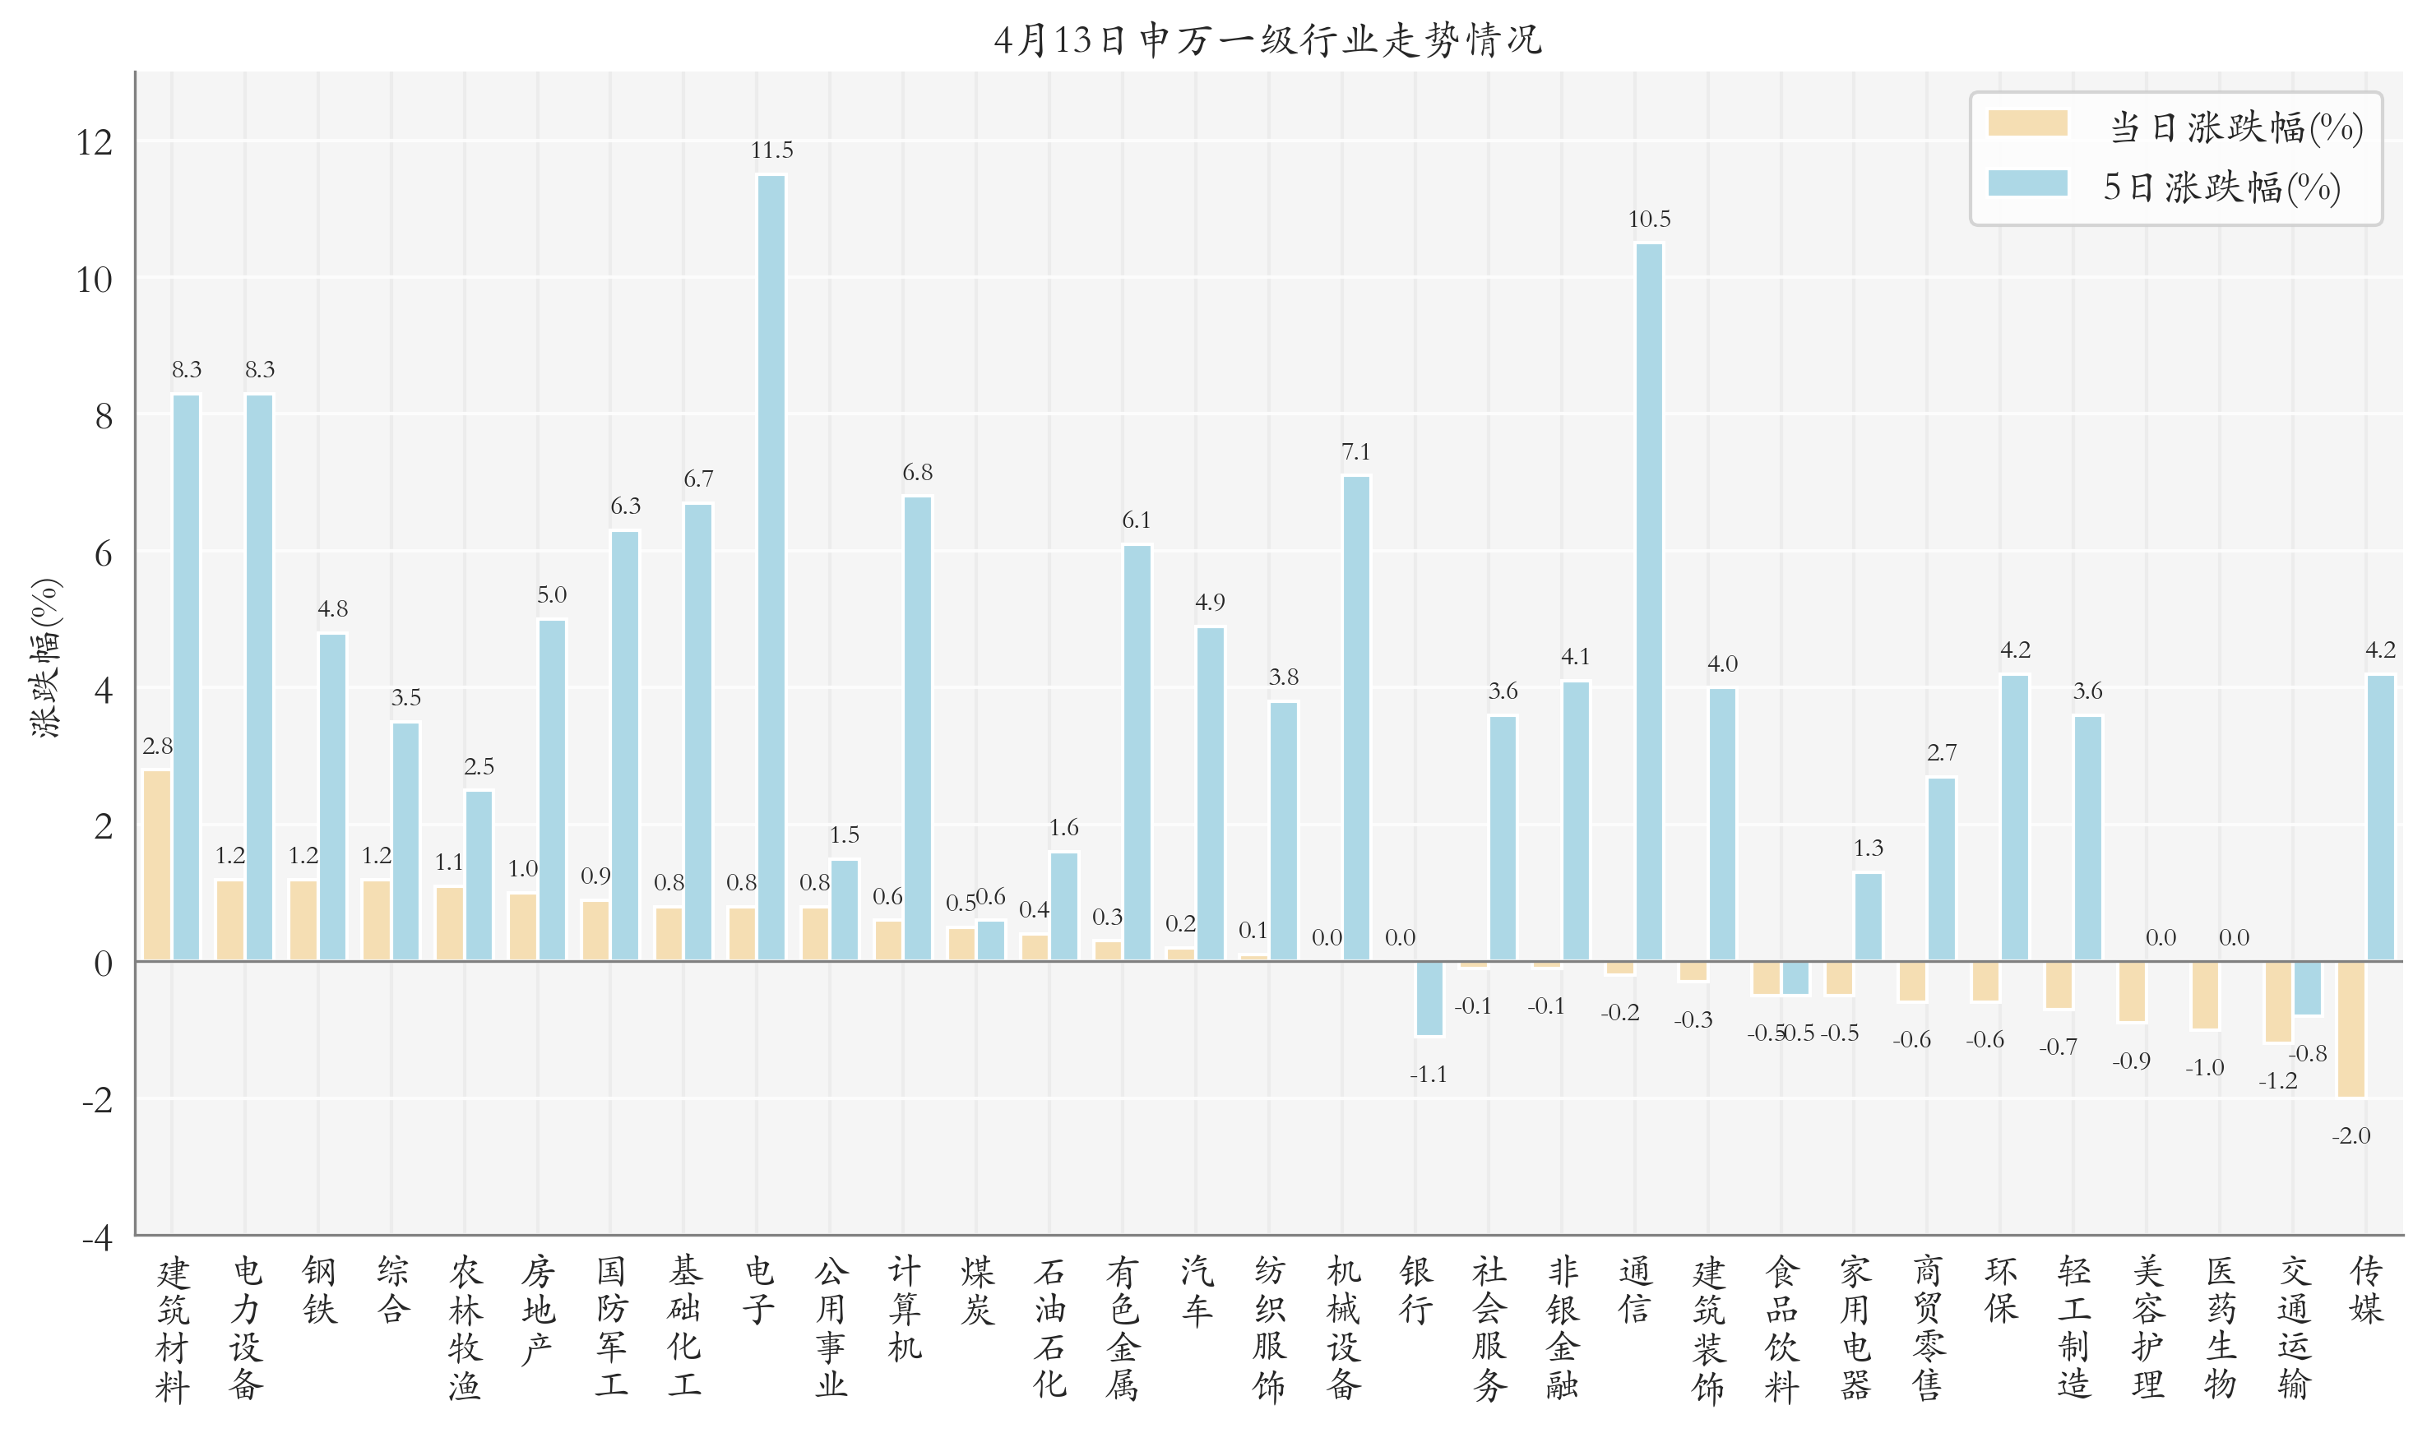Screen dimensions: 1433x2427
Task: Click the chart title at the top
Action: [x=1267, y=39]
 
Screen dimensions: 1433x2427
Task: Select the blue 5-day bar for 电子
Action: [x=771, y=568]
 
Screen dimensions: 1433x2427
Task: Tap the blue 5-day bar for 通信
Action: [x=1649, y=602]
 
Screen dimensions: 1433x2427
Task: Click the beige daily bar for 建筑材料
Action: [x=157, y=864]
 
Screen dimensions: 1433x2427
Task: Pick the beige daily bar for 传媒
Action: [x=2351, y=1029]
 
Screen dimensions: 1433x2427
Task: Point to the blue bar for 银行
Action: [x=1429, y=998]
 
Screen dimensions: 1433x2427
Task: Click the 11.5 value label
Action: [x=771, y=150]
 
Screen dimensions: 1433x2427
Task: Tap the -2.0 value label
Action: [x=2351, y=1136]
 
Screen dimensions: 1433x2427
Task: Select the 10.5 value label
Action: [x=1649, y=220]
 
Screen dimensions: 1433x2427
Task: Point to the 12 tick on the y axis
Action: [x=95, y=143]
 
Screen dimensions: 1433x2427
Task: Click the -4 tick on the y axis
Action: [x=96, y=1238]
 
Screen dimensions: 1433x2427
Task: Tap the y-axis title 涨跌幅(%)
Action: [x=45, y=658]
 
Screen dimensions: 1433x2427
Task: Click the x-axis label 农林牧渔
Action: [x=465, y=1328]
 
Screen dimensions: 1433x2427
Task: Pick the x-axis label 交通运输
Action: [x=2294, y=1328]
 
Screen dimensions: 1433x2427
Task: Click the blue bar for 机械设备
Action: [x=1356, y=719]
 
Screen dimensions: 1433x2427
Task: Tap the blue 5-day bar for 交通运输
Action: [x=2309, y=988]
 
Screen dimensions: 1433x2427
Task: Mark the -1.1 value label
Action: [x=1429, y=1075]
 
